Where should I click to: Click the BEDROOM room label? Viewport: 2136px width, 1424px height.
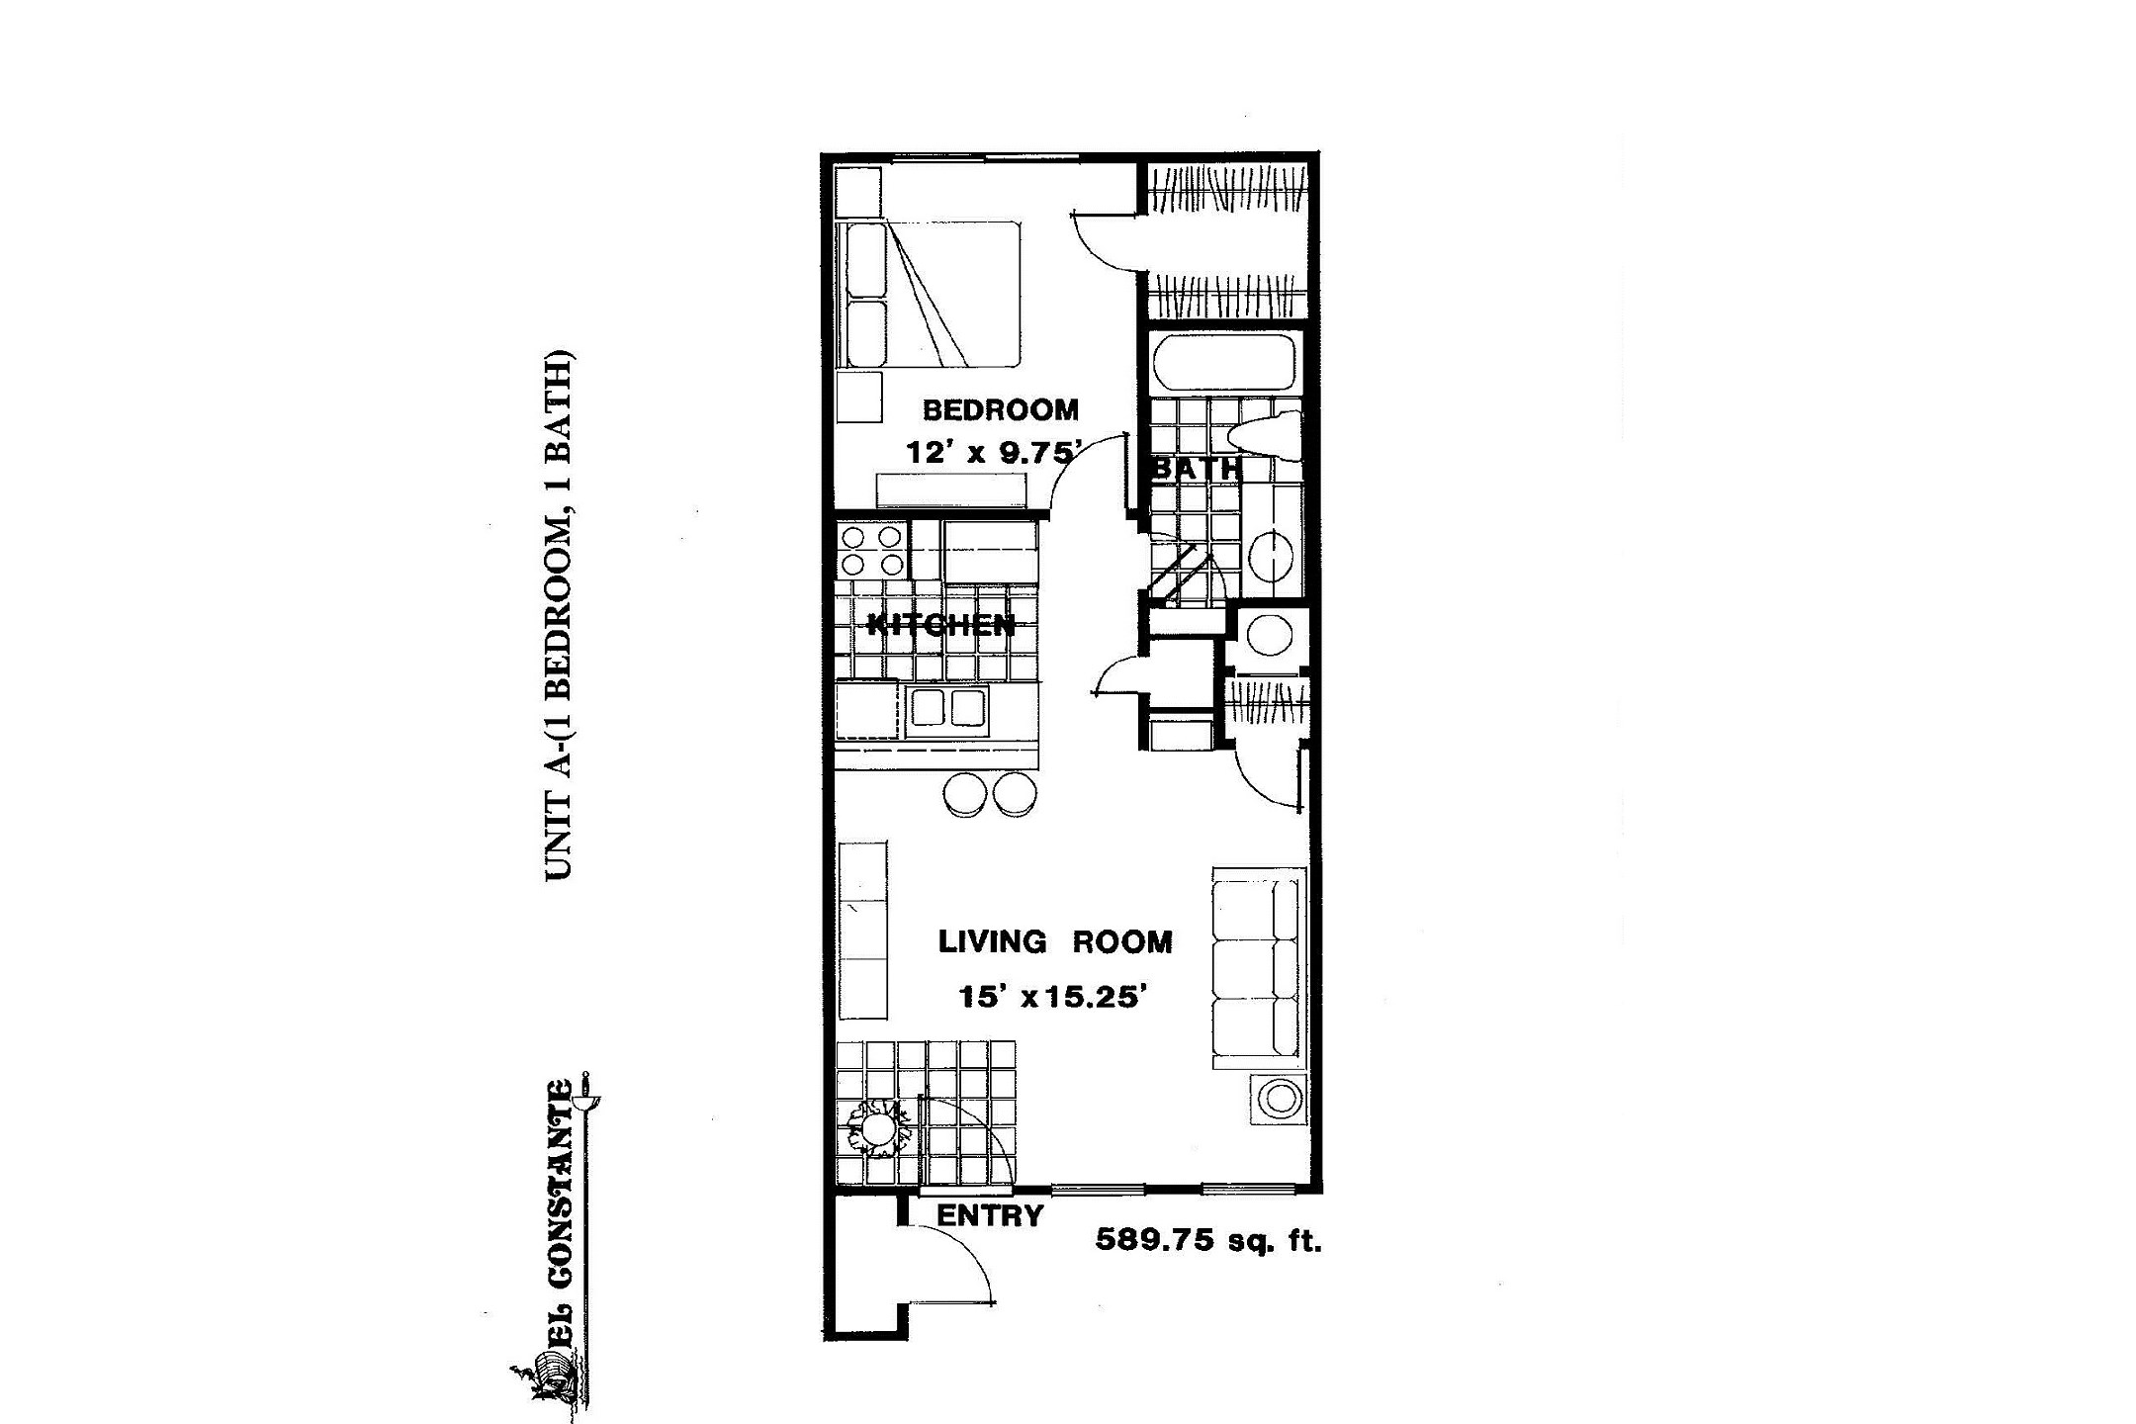1000,409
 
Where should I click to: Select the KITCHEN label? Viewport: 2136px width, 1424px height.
940,625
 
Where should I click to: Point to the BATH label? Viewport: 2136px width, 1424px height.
1197,468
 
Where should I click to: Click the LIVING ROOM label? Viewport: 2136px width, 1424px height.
1055,941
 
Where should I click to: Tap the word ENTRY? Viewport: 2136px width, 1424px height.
990,1215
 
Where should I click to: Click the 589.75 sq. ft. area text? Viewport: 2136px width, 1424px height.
1207,1240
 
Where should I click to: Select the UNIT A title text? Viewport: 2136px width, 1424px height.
559,615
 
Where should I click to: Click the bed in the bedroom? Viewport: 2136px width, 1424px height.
928,295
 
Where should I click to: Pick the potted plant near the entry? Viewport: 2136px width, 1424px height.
875,1127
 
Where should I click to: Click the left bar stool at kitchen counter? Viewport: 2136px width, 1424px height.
965,793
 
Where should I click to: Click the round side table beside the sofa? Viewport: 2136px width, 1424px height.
1278,1098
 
